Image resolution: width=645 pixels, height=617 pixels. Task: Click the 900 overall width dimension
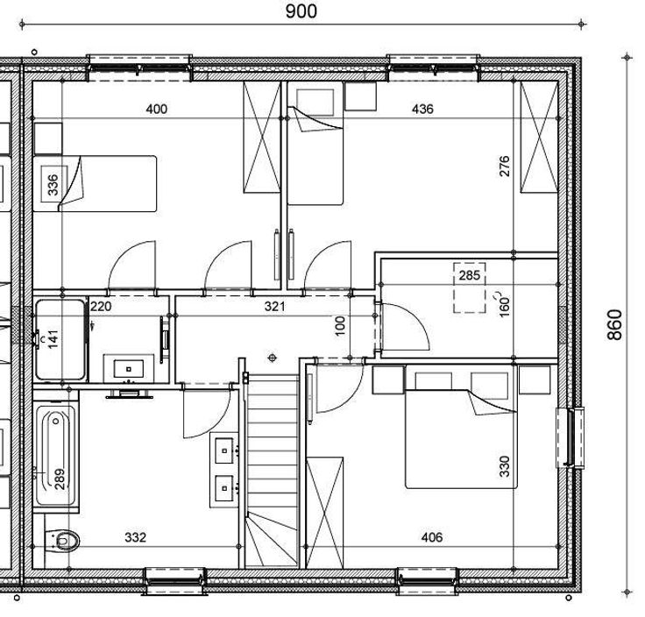301,11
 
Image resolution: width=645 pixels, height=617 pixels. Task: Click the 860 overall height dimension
615,324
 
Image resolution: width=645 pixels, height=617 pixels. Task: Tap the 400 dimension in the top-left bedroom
157,109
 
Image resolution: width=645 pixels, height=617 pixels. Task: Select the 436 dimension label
422,109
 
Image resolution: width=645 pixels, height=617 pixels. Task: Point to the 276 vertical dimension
504,167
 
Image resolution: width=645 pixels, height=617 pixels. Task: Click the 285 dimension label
470,275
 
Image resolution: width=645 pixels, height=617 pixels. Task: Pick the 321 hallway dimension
274,307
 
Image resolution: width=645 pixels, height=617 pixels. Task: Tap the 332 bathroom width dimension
135,537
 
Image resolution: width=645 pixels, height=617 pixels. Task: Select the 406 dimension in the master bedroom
432,537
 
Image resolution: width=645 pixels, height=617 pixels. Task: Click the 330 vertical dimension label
504,466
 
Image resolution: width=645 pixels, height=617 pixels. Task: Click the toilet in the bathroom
61,541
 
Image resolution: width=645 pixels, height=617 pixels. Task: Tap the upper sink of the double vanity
224,450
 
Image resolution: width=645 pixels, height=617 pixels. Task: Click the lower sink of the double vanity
224,488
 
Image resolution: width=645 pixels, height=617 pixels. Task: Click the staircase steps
272,470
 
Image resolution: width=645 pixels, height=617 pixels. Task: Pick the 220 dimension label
101,307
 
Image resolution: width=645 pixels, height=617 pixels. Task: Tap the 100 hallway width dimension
340,326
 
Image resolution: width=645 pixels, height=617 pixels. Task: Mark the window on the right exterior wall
571,437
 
